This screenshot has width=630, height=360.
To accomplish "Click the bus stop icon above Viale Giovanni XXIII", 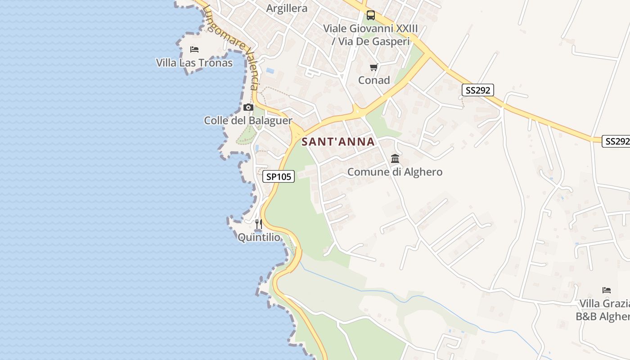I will pyautogui.click(x=370, y=15).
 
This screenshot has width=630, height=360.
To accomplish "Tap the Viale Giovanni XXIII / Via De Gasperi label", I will pyautogui.click(x=370, y=35).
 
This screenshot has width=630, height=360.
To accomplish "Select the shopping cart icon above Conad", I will pyautogui.click(x=373, y=67).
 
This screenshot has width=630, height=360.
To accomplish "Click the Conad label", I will pyautogui.click(x=374, y=80).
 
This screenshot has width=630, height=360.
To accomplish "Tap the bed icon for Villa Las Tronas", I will pyautogui.click(x=194, y=49).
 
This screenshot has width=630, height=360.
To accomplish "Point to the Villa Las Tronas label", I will pyautogui.click(x=194, y=63).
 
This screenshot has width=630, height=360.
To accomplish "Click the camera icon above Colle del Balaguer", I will pyautogui.click(x=248, y=107).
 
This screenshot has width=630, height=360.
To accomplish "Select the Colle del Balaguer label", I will pyautogui.click(x=248, y=121).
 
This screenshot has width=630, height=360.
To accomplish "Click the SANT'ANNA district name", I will pyautogui.click(x=338, y=142).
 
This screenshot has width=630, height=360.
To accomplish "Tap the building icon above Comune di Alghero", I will pyautogui.click(x=395, y=158).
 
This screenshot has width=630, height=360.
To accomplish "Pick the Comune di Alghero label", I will pyautogui.click(x=395, y=172).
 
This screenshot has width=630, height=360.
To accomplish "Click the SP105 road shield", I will pyautogui.click(x=279, y=177).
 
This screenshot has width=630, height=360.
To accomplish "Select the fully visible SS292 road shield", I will pyautogui.click(x=477, y=90).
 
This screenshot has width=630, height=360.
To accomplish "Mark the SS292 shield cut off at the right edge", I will pyautogui.click(x=616, y=141).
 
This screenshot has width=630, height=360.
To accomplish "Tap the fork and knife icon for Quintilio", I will pyautogui.click(x=258, y=224).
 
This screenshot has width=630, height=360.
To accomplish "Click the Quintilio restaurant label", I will pyautogui.click(x=259, y=237).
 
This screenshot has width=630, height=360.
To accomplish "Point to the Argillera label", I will pyautogui.click(x=287, y=8).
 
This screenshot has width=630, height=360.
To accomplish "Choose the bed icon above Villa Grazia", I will pyautogui.click(x=607, y=290).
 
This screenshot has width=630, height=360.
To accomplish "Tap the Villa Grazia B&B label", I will pyautogui.click(x=603, y=310).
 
